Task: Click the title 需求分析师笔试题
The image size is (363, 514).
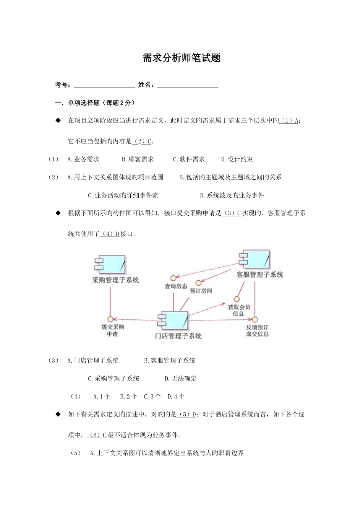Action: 181,58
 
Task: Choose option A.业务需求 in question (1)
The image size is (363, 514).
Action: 83,159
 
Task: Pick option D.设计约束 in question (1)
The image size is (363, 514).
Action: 237,159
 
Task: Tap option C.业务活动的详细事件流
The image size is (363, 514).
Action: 123,195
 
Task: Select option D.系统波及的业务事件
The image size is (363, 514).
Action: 232,195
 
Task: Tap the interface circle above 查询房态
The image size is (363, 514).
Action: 173,278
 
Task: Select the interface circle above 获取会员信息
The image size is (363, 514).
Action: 237,299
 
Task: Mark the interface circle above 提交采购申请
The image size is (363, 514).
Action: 110,319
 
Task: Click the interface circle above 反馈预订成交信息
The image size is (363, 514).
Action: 255,319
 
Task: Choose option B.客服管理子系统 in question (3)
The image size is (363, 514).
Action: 170,361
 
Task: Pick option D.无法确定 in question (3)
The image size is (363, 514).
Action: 181,379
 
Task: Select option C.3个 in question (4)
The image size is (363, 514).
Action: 152,397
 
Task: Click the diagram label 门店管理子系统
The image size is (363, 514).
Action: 178,336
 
